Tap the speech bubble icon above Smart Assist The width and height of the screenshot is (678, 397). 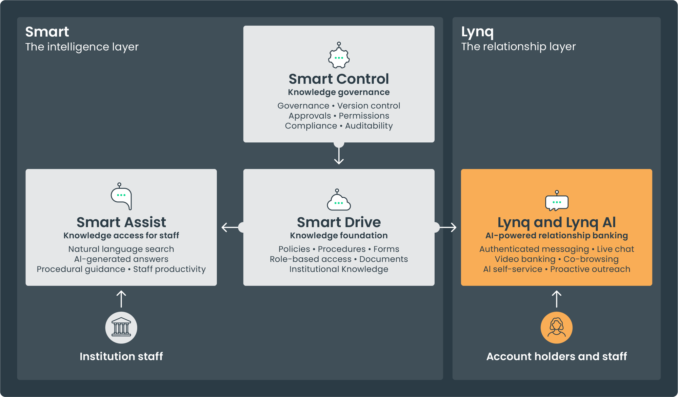(121, 197)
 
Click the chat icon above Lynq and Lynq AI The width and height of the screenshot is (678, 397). (557, 201)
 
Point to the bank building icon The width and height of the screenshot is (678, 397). (121, 327)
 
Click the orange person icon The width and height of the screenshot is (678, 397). (557, 327)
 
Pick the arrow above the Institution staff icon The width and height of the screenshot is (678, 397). (121, 299)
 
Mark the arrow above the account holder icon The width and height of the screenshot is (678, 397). (557, 299)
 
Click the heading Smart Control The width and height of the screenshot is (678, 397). (339, 79)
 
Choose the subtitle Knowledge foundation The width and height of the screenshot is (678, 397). (339, 235)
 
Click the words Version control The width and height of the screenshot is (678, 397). (368, 106)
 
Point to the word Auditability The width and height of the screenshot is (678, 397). (369, 126)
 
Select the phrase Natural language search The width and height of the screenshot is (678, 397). (121, 249)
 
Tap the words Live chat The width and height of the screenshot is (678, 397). (615, 249)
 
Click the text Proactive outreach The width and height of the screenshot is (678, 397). (590, 269)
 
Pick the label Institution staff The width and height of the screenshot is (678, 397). (121, 356)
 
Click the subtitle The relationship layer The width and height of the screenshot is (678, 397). (518, 46)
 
